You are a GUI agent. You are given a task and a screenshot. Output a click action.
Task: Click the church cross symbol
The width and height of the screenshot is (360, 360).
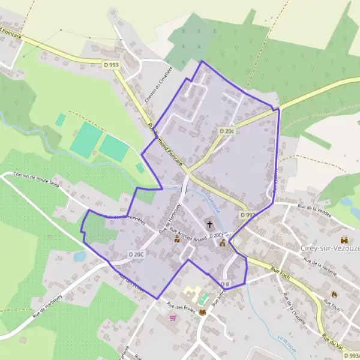click(210, 224)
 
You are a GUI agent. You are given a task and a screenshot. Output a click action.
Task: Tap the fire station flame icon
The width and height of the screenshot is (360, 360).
click(334, 294)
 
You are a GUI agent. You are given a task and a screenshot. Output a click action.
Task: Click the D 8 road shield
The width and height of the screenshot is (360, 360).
click(224, 284)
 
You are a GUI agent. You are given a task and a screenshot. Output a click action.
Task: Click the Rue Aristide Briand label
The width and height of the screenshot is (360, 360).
click(189, 235)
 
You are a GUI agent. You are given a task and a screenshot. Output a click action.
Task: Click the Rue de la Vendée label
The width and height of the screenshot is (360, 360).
click(317, 211)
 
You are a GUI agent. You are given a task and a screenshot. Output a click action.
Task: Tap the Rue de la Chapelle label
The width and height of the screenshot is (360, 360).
click(295, 308)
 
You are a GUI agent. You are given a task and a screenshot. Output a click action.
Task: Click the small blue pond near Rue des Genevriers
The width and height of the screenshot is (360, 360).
click(80, 256)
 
